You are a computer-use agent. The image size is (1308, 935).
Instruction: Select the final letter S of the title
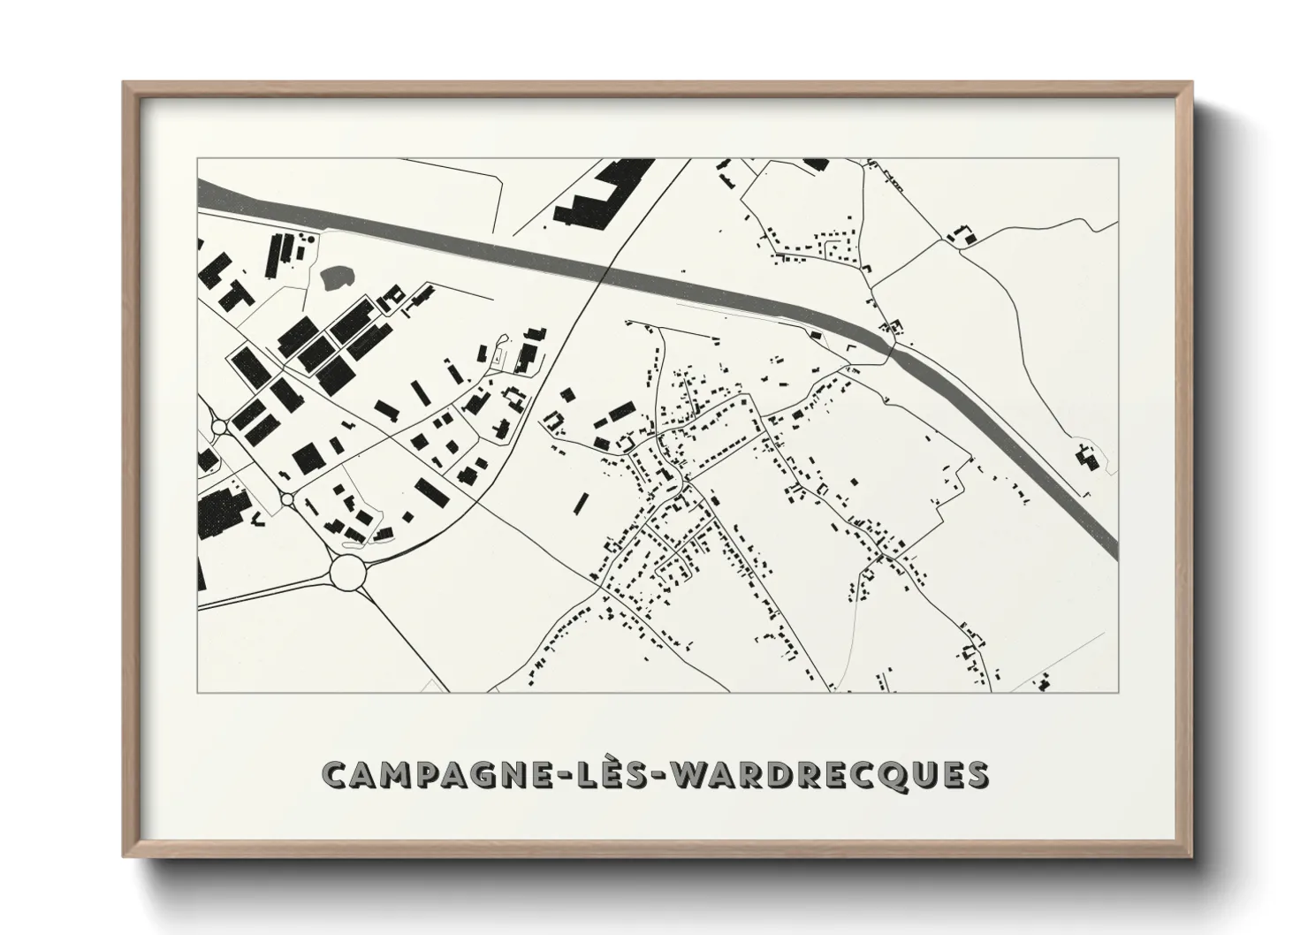pos(977,774)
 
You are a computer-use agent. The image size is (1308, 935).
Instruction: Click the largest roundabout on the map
pos(348,572)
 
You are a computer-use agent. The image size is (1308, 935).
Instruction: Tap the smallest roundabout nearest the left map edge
pos(219,427)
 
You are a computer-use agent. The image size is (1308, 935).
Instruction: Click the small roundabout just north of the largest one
pos(286,499)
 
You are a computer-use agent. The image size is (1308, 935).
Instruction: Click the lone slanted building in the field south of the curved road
pos(581,504)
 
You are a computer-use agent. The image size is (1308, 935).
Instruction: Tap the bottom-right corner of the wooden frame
pos(1193,856)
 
